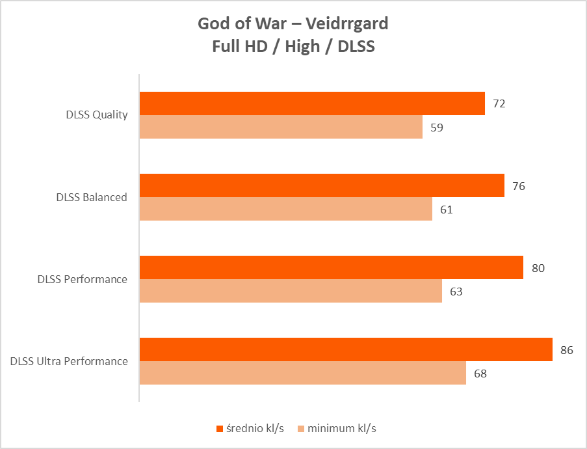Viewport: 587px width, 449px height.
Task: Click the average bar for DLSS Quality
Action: point(312,103)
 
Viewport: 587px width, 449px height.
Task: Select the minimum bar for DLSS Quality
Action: point(281,127)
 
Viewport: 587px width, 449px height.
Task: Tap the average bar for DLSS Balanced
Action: point(322,185)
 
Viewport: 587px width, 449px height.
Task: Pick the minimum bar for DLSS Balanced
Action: point(286,209)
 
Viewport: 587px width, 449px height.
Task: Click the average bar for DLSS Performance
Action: point(332,267)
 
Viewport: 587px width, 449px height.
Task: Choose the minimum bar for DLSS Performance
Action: point(291,291)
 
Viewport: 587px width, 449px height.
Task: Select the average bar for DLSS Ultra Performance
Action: point(346,349)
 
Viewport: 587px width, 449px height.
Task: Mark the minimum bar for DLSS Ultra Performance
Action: point(303,373)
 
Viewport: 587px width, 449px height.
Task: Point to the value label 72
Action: point(499,103)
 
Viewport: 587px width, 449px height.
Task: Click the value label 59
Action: point(437,128)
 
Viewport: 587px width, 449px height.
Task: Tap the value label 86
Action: point(566,350)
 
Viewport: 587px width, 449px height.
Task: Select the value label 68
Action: point(480,374)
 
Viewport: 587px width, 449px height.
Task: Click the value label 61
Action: point(446,210)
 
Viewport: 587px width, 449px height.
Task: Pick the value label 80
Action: point(538,268)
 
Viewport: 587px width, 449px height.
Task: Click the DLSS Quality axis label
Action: point(96,115)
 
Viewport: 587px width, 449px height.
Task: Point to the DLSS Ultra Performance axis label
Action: point(69,361)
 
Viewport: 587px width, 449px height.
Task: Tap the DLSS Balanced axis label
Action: point(91,197)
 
